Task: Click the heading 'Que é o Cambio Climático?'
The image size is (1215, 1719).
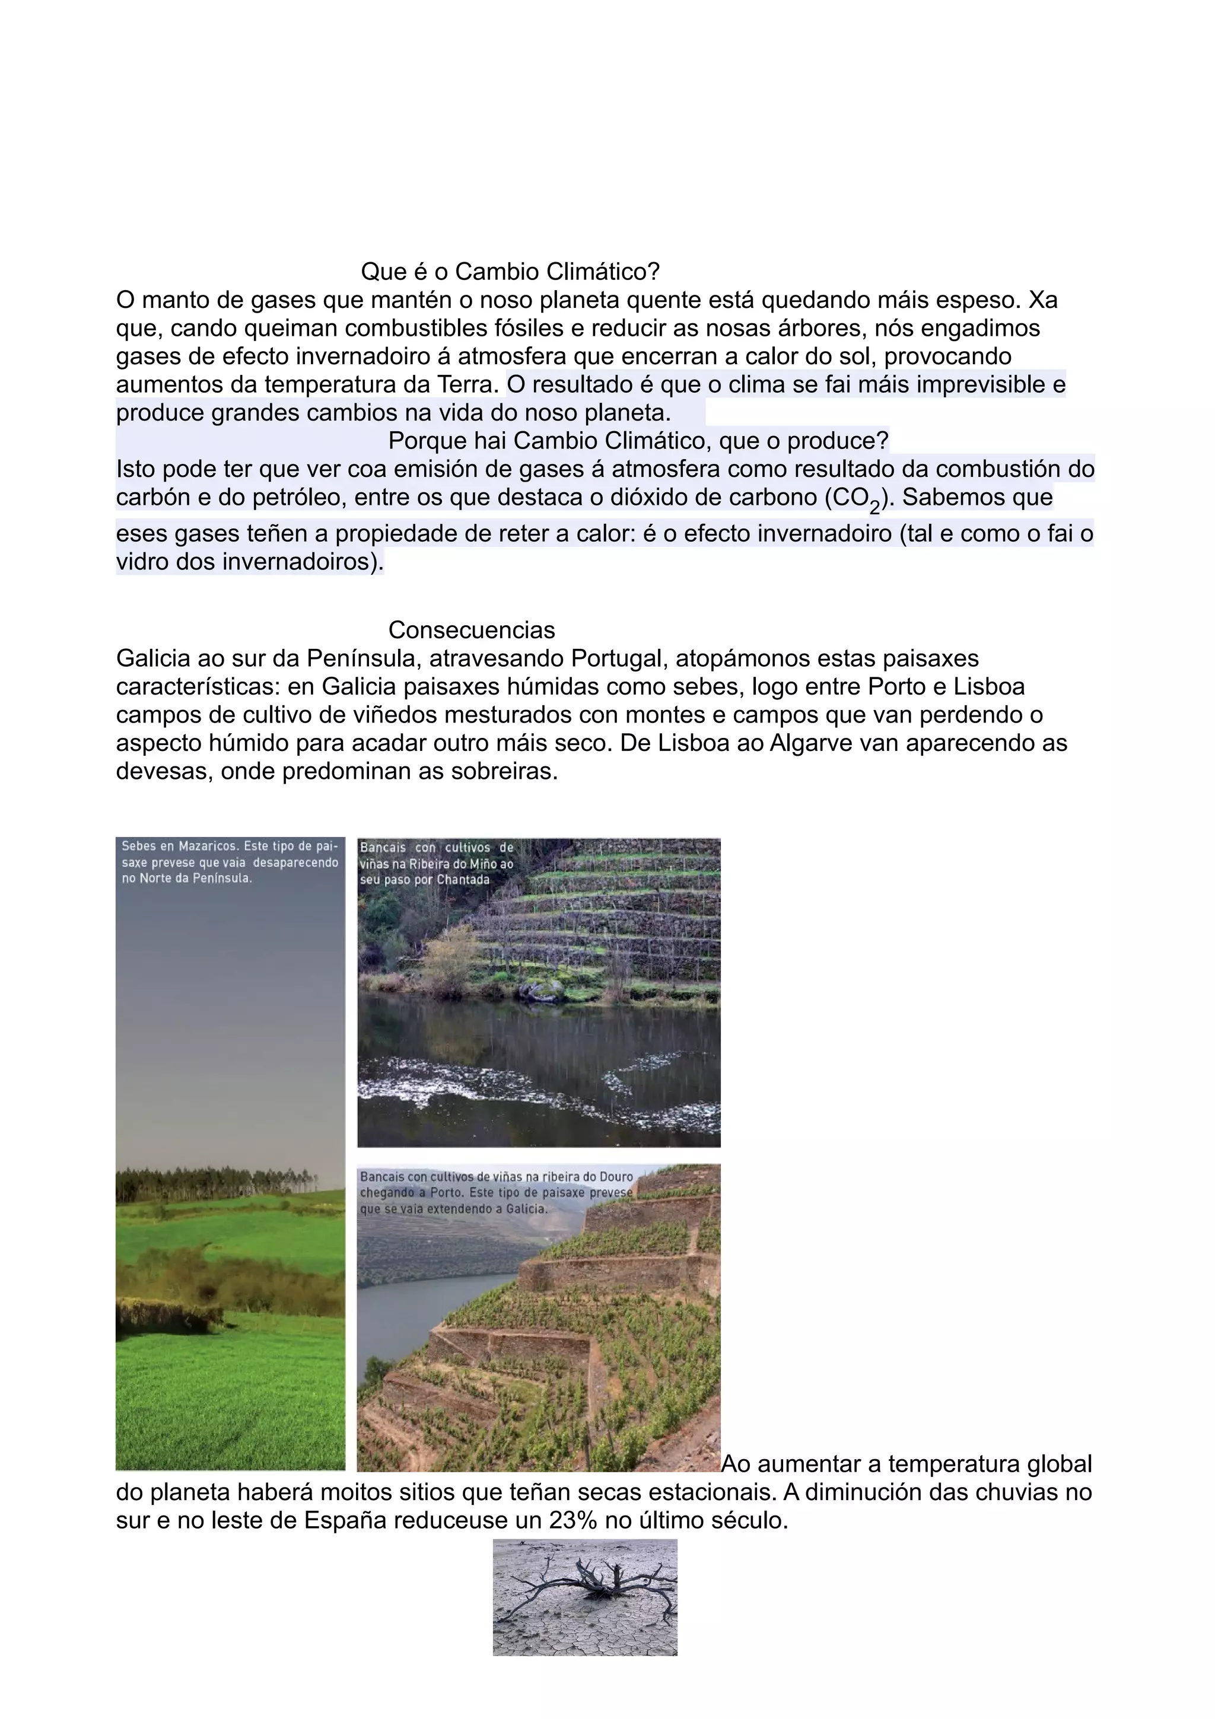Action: pos(510,271)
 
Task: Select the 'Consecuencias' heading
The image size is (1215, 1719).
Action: pos(472,630)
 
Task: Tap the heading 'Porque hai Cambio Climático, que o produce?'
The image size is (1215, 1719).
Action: pos(638,441)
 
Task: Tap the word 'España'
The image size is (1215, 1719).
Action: pos(343,1521)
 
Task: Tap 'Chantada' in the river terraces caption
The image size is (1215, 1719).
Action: pos(463,880)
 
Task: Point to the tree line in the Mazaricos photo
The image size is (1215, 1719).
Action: pos(225,1180)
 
